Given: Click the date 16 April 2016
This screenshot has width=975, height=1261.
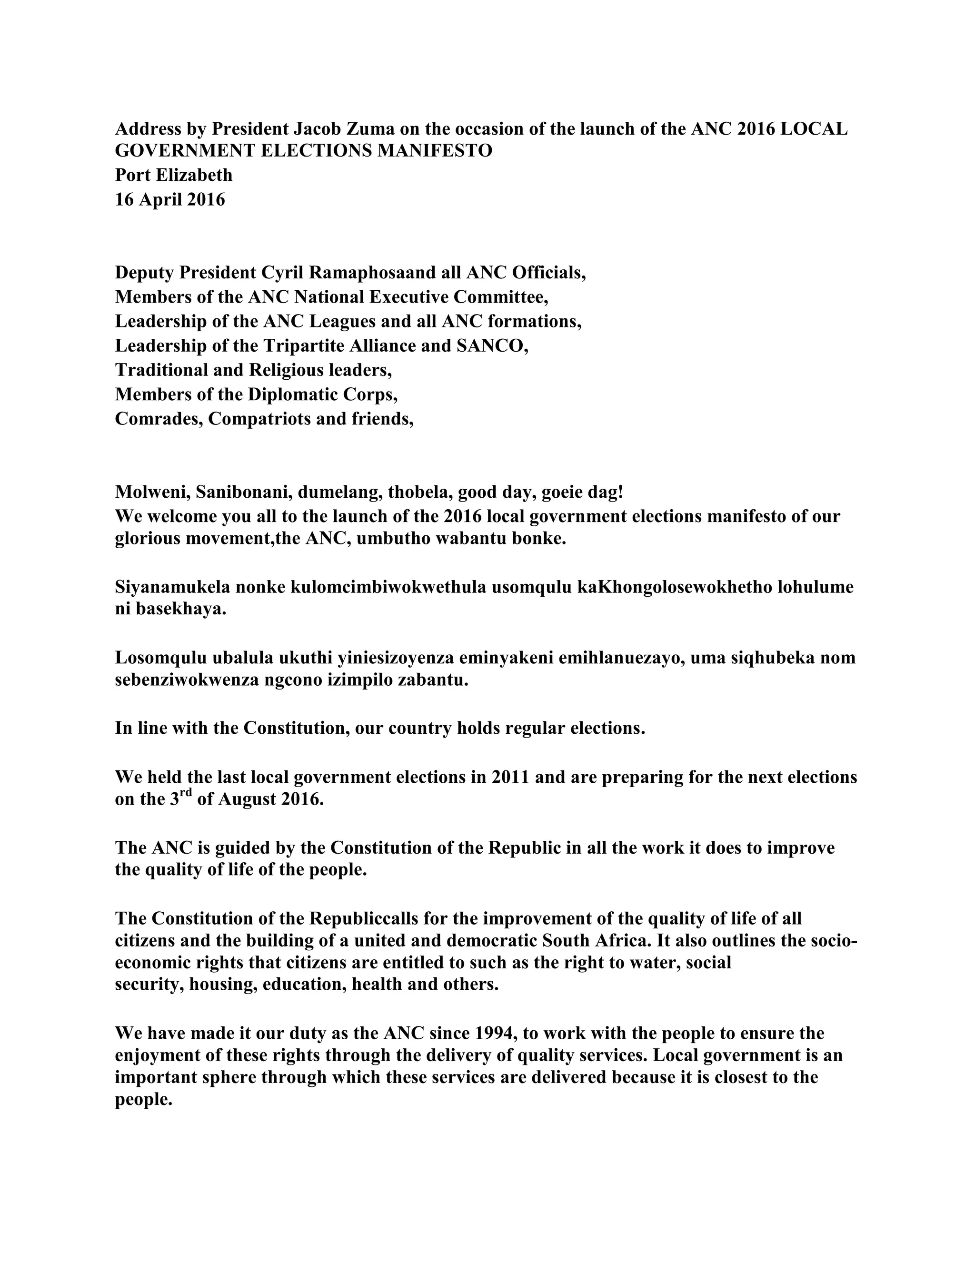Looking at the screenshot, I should [170, 199].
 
